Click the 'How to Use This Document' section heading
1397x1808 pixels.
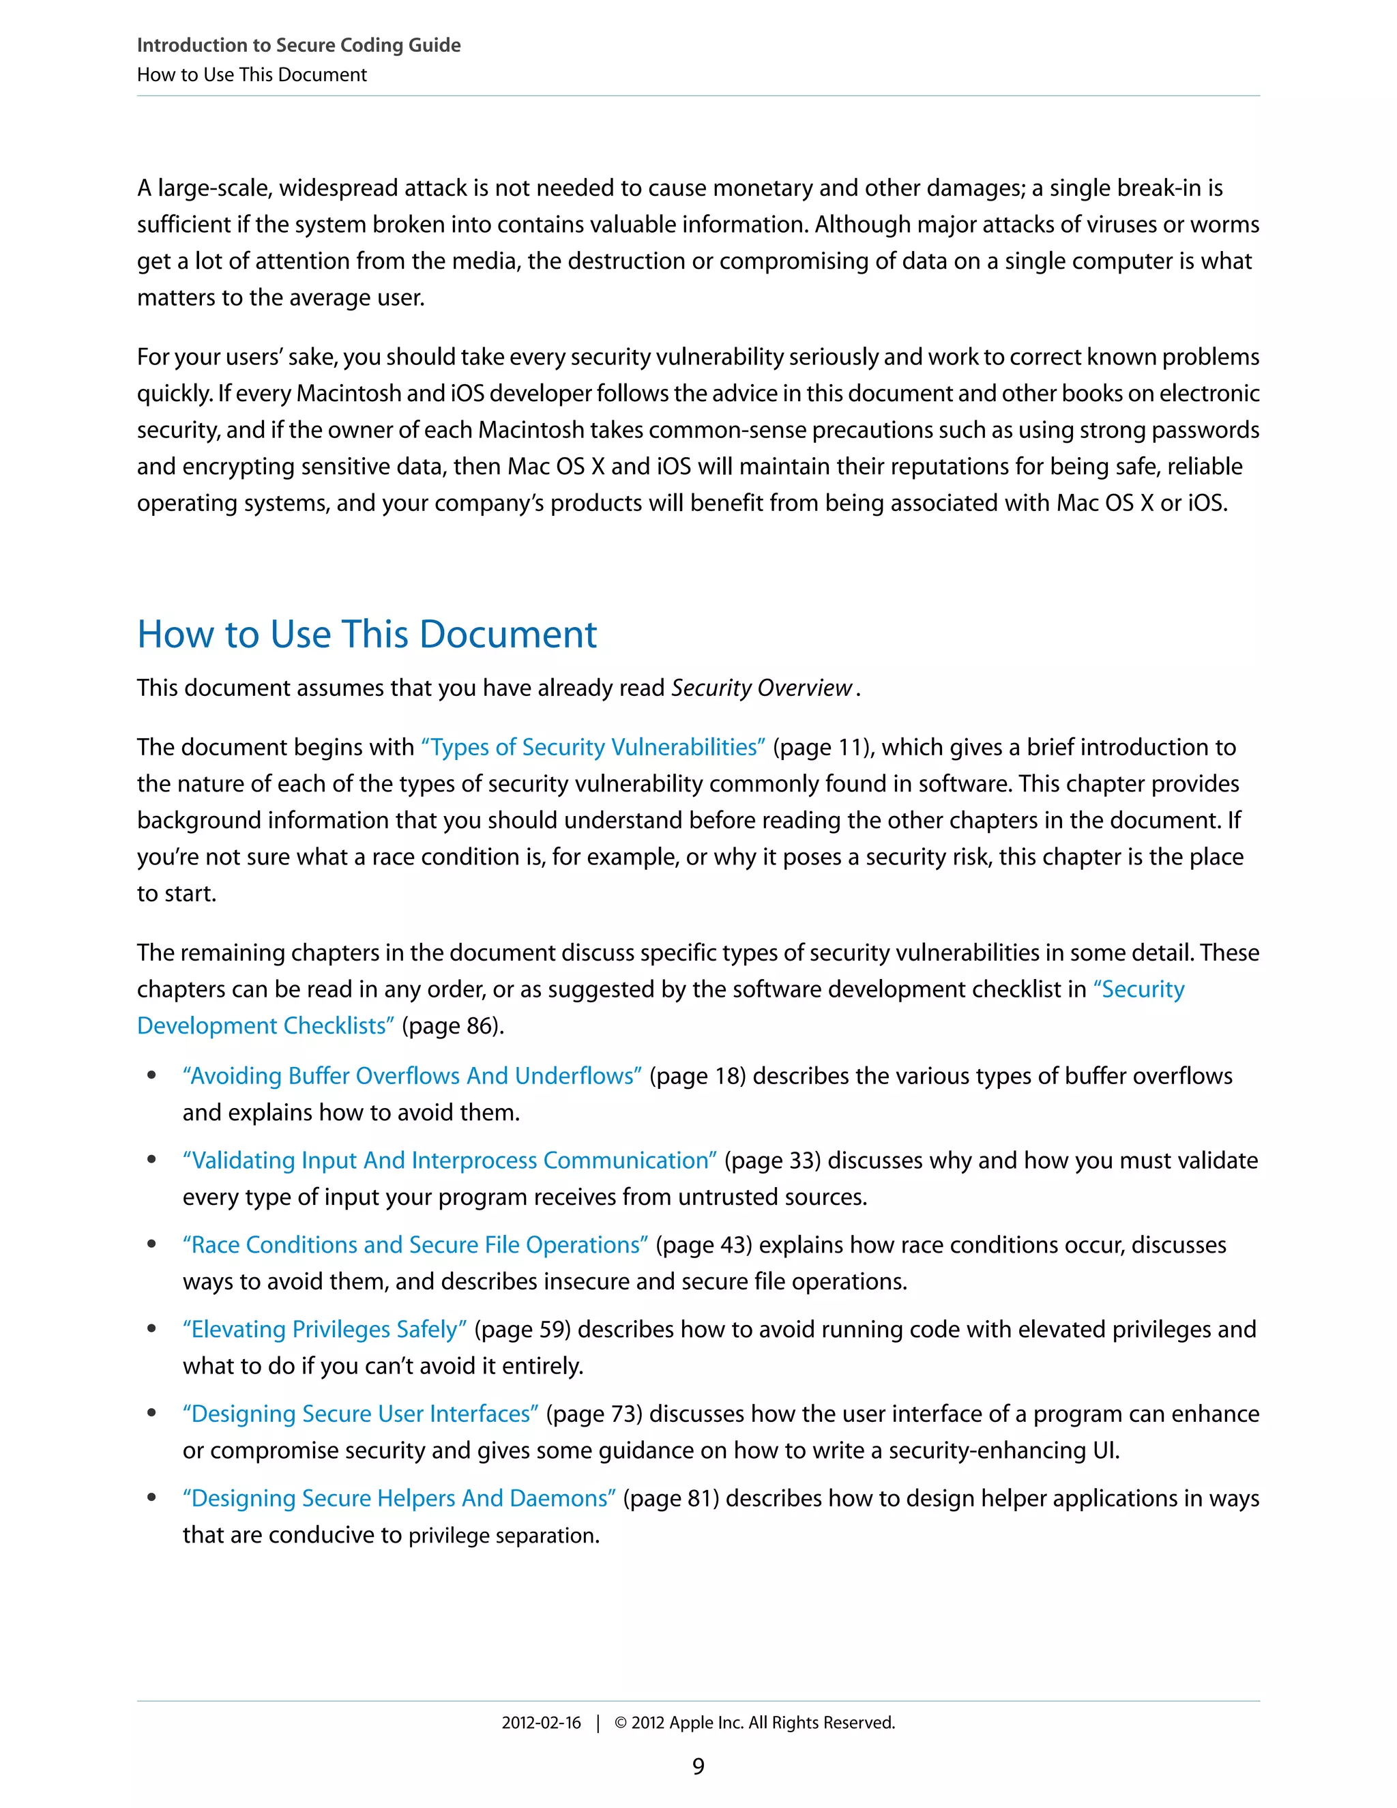pyautogui.click(x=366, y=635)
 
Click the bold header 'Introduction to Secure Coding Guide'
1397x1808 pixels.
pyautogui.click(x=299, y=46)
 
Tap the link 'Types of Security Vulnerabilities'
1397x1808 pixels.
pyautogui.click(x=593, y=748)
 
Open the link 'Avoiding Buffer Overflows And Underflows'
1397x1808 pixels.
pyautogui.click(x=412, y=1076)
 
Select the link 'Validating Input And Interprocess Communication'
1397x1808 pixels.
pyautogui.click(x=450, y=1161)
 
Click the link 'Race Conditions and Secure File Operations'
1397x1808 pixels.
pyautogui.click(x=415, y=1245)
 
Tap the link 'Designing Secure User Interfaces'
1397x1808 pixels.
pyautogui.click(x=361, y=1414)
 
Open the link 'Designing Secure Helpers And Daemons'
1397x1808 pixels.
pyautogui.click(x=399, y=1498)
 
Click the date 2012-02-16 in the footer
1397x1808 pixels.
pyautogui.click(x=541, y=1723)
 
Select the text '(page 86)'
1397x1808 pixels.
pyautogui.click(x=452, y=1027)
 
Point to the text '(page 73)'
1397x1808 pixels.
pyautogui.click(x=593, y=1414)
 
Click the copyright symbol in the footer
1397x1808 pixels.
pyautogui.click(x=621, y=1723)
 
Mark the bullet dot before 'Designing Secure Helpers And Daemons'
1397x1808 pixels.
pyautogui.click(x=151, y=1498)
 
